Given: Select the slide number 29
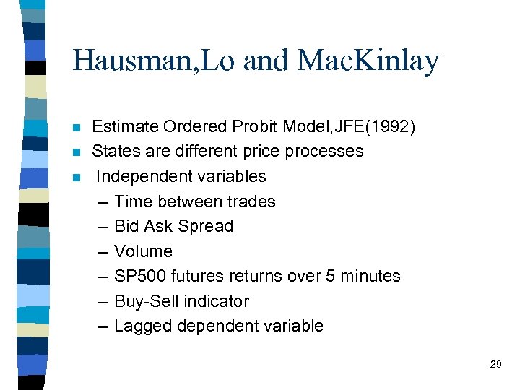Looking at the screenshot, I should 495,365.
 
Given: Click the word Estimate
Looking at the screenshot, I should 124,127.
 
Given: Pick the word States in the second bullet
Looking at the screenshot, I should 115,152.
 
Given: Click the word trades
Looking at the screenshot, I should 252,201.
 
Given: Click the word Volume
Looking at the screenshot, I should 144,251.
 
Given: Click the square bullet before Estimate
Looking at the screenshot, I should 78,128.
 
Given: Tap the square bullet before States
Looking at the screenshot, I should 78,152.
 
